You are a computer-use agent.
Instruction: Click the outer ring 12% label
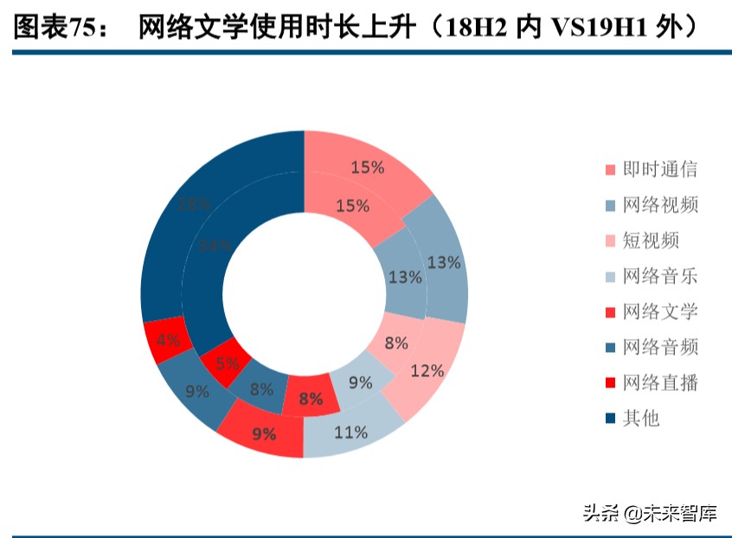tap(427, 371)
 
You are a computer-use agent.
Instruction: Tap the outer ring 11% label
tap(350, 432)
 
